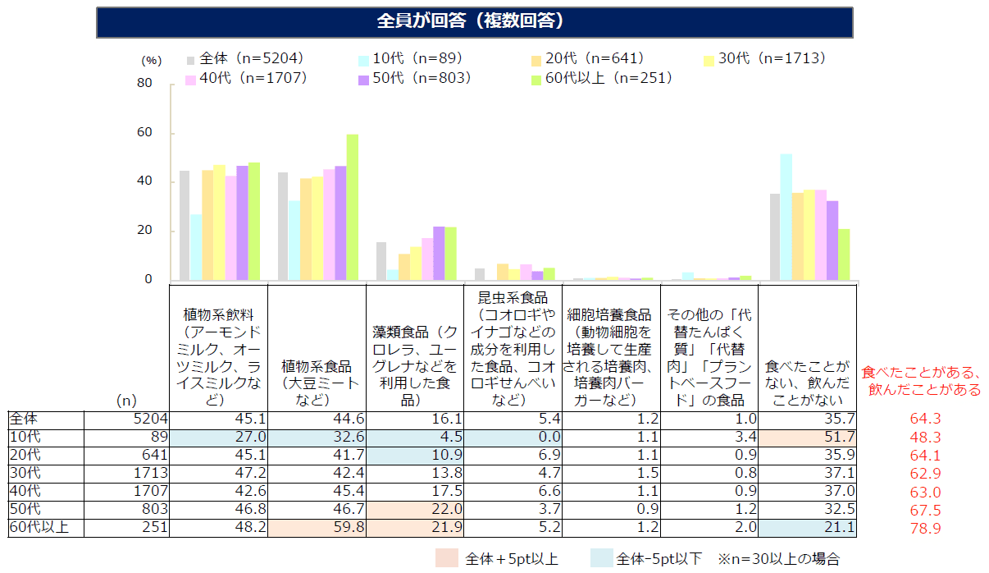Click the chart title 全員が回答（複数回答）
[x=474, y=21]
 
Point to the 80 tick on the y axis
[x=144, y=83]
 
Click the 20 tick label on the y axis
[x=144, y=231]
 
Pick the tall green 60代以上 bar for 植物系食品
[x=352, y=207]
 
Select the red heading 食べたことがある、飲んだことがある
[x=922, y=381]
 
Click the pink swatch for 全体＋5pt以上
[x=447, y=559]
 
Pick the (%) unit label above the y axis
[x=152, y=60]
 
